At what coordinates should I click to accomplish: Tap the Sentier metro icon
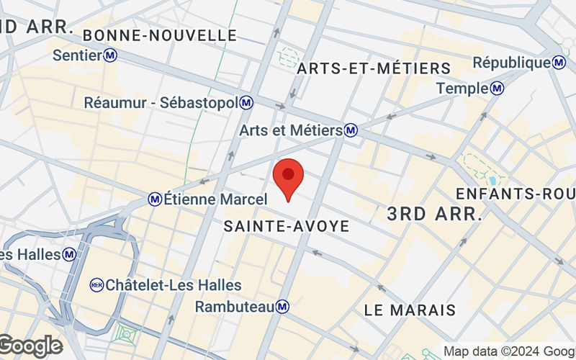[110, 55]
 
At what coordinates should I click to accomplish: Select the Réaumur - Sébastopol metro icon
[247, 103]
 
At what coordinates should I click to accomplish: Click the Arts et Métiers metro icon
[351, 131]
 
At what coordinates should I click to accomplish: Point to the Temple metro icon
[497, 89]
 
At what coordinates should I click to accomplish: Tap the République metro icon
[559, 63]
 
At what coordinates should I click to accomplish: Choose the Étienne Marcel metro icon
[155, 198]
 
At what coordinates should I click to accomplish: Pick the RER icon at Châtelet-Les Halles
[96, 285]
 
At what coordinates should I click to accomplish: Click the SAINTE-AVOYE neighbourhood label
[287, 226]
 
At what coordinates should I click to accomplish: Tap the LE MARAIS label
[410, 310]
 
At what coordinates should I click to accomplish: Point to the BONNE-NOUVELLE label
[160, 35]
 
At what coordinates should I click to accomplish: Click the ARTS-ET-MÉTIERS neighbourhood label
[374, 68]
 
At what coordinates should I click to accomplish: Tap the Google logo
[30, 346]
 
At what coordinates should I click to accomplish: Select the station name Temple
[462, 89]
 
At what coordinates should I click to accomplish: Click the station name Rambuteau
[235, 307]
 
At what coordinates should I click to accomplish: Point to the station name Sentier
[77, 55]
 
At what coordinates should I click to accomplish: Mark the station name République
[511, 63]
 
